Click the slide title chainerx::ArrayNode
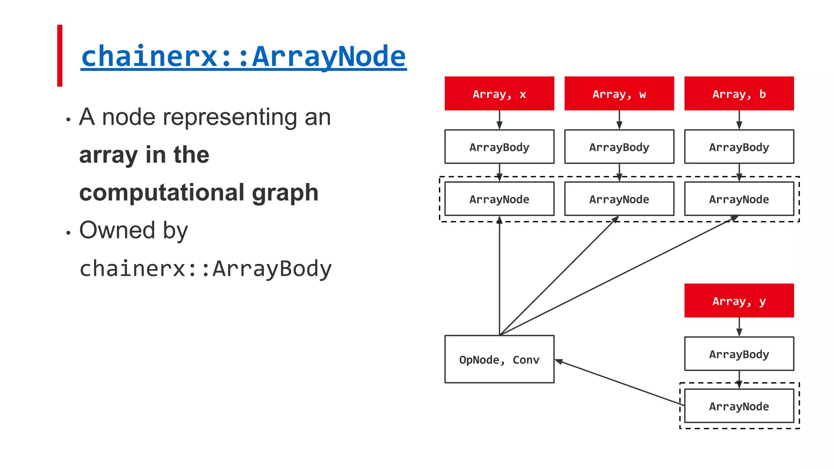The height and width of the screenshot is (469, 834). (244, 56)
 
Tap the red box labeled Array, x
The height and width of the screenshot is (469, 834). (499, 94)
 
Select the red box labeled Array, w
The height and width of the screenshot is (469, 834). (619, 94)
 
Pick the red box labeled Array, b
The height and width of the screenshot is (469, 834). (739, 94)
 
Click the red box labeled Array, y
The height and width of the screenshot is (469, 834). (739, 301)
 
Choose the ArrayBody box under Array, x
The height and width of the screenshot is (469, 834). (499, 147)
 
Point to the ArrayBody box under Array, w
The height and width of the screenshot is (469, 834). (619, 147)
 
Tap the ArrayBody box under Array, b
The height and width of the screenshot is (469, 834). (739, 147)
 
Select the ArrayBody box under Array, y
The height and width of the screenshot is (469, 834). (739, 354)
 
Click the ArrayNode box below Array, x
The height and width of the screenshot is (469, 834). (499, 199)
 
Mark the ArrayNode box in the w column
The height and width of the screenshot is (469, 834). (619, 199)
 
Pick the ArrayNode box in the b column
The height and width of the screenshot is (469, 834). (739, 199)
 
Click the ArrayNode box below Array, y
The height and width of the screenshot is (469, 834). (739, 406)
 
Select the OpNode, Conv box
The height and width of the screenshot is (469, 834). (499, 359)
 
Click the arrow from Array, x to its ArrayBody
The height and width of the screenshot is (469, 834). (499, 120)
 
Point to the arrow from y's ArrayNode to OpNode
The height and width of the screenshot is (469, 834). (619, 383)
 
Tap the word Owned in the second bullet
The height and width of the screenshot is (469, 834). (117, 230)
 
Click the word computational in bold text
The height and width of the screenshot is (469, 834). (161, 192)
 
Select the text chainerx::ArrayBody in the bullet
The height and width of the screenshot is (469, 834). (206, 269)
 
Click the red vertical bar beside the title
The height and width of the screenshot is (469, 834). (60, 56)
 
